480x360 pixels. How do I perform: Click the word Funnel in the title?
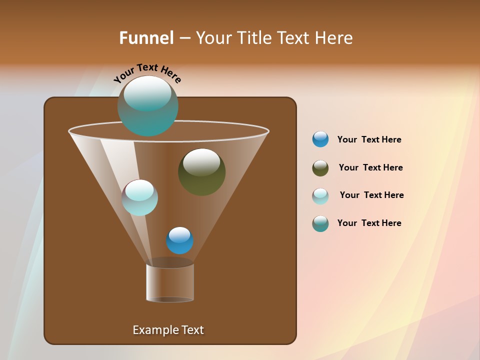click(146, 38)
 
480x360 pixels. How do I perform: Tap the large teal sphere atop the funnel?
click(148, 106)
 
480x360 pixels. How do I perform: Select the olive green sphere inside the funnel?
click(201, 172)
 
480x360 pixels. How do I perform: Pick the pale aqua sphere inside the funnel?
click(140, 197)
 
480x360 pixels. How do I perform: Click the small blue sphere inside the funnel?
click(179, 240)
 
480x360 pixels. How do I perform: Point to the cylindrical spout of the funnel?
click(170, 282)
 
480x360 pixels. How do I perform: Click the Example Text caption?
click(168, 330)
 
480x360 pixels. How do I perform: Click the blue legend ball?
click(320, 139)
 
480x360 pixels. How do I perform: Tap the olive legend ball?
click(320, 168)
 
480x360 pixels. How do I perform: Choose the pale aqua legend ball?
click(320, 196)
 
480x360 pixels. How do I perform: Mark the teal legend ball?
click(320, 223)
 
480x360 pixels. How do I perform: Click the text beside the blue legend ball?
click(369, 140)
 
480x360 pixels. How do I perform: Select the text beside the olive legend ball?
click(370, 168)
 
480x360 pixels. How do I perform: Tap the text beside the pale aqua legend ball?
click(371, 195)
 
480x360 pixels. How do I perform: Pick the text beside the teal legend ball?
click(369, 223)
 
